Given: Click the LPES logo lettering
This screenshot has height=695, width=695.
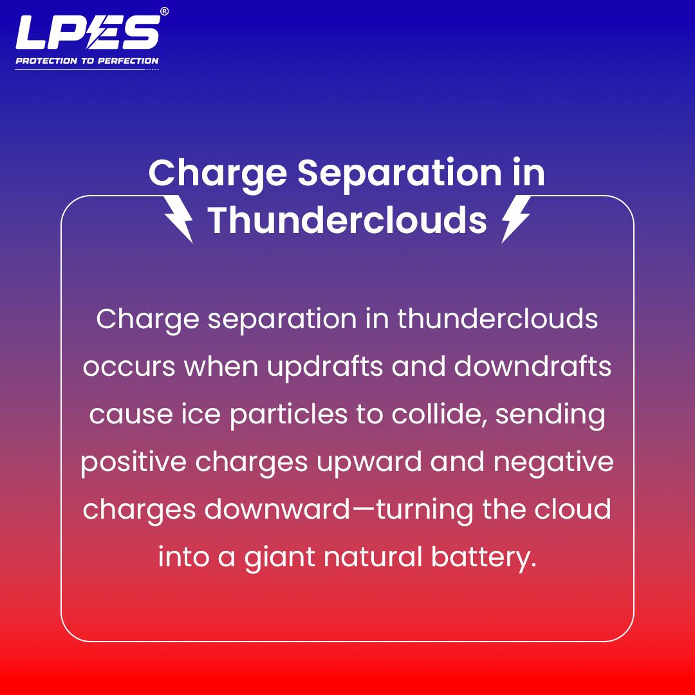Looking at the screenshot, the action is point(88,32).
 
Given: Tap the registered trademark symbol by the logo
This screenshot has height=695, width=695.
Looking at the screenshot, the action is point(164,12).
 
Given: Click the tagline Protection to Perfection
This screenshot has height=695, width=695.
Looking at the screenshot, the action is point(87,60).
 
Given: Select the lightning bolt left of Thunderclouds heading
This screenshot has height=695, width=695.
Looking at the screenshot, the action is point(178,219).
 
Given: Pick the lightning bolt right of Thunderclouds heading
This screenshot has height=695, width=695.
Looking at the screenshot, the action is point(516,219).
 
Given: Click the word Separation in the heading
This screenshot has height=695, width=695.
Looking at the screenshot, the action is point(400,174).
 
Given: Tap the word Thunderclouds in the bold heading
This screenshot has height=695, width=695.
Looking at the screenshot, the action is point(347,220).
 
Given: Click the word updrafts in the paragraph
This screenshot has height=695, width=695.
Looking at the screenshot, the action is point(325,367).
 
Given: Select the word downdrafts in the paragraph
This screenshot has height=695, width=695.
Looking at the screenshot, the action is point(532,366).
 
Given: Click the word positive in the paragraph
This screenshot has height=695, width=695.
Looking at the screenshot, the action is point(133,463).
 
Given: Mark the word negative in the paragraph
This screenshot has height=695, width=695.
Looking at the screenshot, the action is point(553,463).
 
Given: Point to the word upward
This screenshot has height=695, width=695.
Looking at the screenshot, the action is point(369,462).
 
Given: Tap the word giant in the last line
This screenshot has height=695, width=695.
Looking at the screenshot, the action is point(280,558).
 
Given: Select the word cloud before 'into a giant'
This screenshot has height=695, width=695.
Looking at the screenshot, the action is point(573,509).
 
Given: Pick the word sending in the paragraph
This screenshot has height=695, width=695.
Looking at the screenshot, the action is point(550,415).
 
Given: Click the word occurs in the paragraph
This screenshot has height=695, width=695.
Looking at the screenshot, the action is point(129,367).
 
